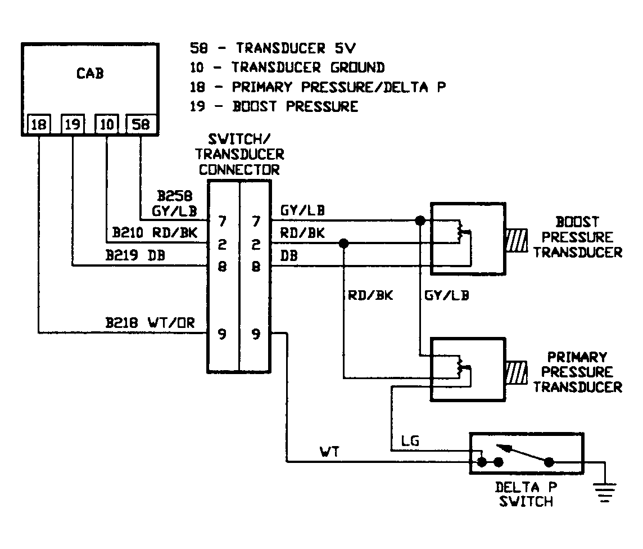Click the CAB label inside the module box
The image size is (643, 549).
point(89,74)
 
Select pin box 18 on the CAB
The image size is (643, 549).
point(39,124)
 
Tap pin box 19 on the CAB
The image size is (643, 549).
point(72,124)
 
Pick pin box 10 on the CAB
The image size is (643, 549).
point(106,124)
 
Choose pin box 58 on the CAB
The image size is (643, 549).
point(141,124)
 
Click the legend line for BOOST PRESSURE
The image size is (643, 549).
point(274,106)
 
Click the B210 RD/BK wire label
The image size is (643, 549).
point(155,232)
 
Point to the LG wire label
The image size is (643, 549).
point(411,442)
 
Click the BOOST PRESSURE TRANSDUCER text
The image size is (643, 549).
point(578,237)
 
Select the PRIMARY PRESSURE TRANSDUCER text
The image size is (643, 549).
point(578,372)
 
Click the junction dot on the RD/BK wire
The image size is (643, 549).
point(343,243)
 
